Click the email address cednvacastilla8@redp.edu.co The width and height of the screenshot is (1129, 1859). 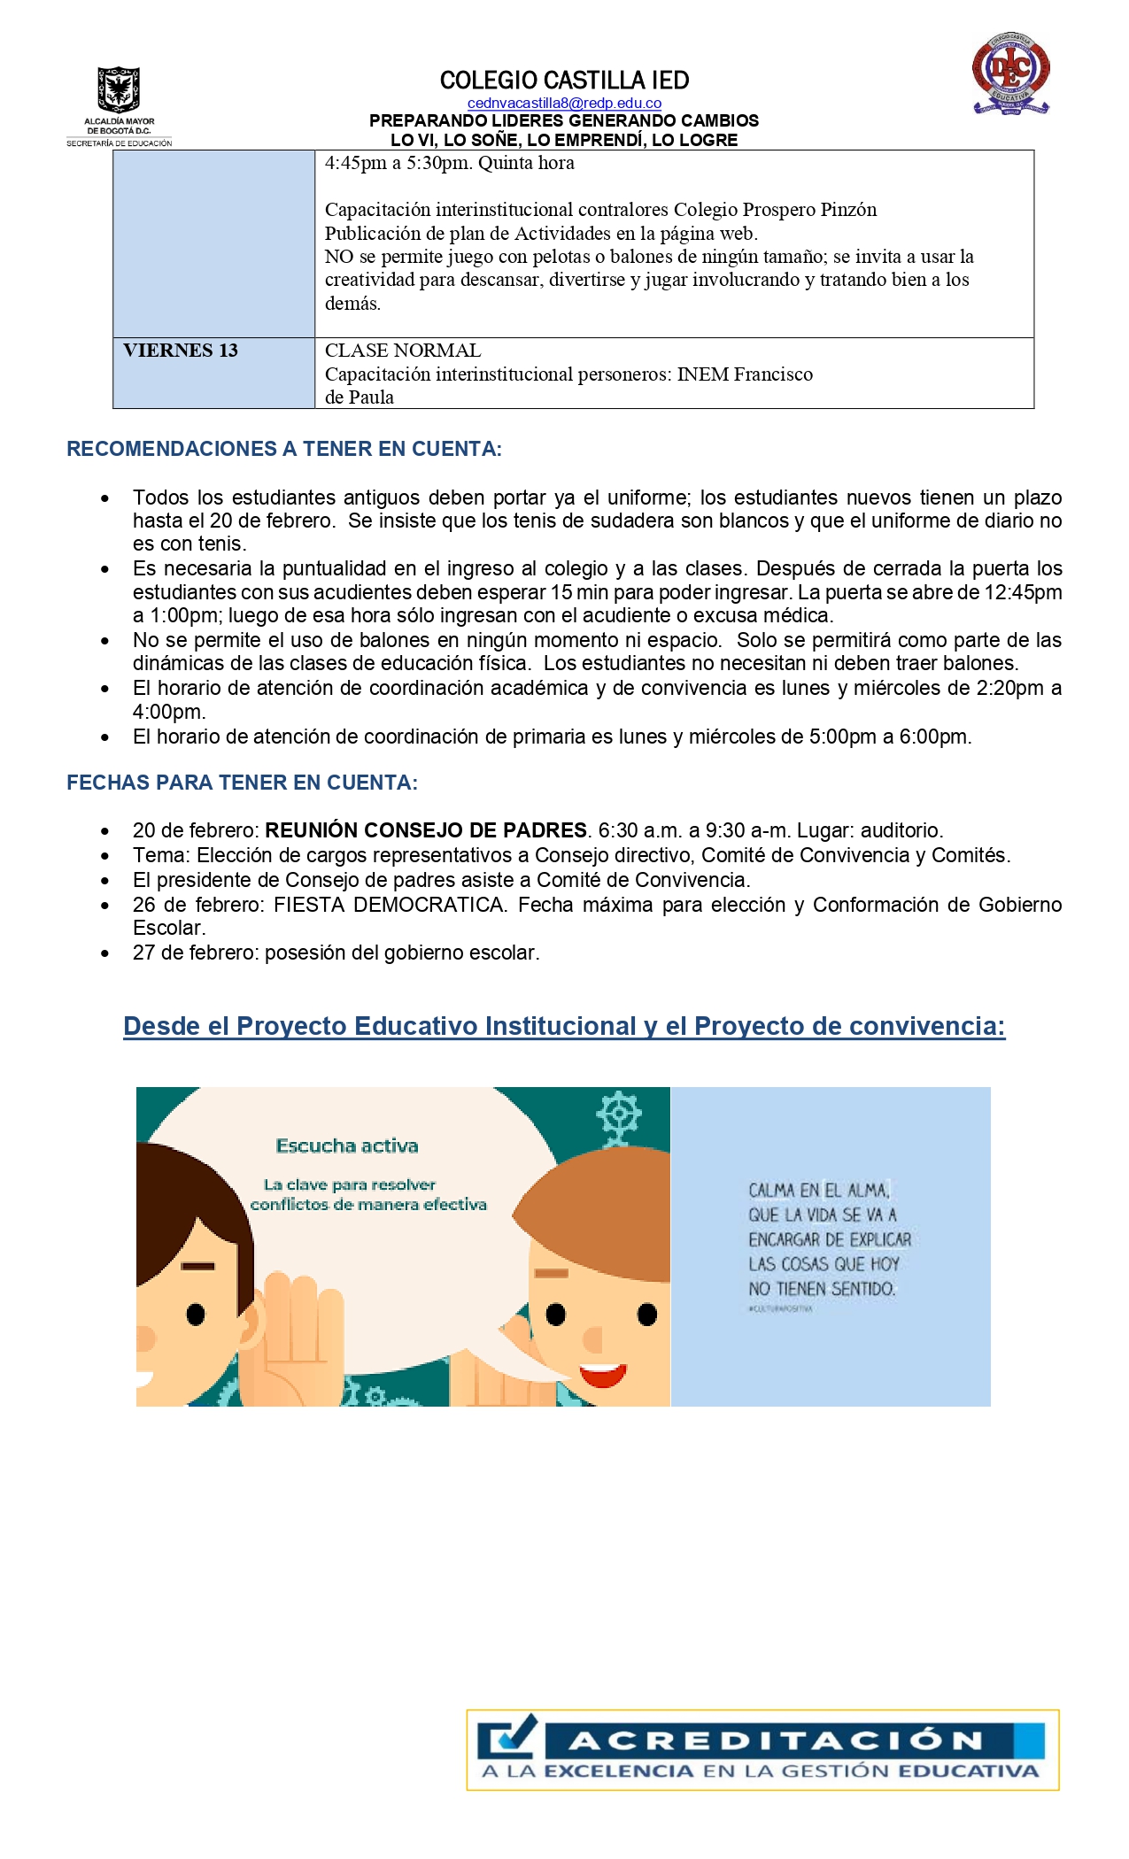click(564, 104)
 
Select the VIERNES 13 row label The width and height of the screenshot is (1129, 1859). click(181, 351)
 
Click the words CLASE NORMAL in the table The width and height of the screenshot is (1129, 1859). click(403, 351)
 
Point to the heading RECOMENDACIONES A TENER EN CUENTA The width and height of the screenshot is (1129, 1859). click(284, 449)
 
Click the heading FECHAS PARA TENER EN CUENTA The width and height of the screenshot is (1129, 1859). click(242, 783)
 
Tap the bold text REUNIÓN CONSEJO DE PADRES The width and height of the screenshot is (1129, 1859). click(426, 830)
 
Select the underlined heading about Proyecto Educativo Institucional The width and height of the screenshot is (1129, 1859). click(564, 1026)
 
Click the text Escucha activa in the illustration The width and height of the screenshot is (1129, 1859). click(347, 1145)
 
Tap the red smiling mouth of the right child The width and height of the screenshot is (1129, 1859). click(602, 1375)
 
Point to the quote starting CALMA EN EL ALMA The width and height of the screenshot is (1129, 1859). click(829, 1239)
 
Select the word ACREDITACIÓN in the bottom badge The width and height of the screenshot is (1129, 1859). click(776, 1740)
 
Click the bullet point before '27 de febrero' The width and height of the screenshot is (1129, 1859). click(105, 954)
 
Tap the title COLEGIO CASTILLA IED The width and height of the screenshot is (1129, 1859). click(564, 81)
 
